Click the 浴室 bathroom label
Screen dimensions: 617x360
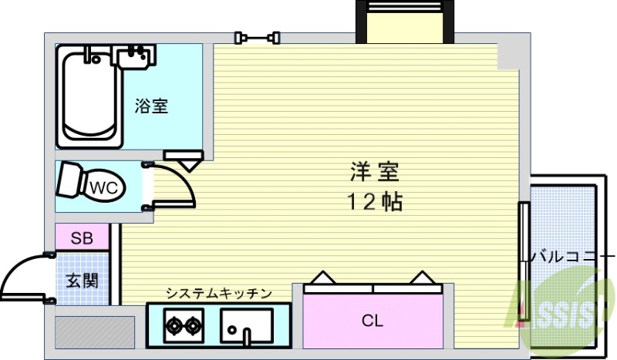click(x=151, y=107)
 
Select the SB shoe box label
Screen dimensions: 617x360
click(x=82, y=238)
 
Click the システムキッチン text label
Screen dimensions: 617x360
click(x=219, y=293)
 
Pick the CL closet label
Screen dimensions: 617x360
click(x=373, y=320)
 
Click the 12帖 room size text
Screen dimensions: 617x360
click(x=373, y=202)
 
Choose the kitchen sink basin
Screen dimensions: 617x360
click(x=246, y=325)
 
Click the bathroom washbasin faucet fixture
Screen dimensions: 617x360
click(x=134, y=56)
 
